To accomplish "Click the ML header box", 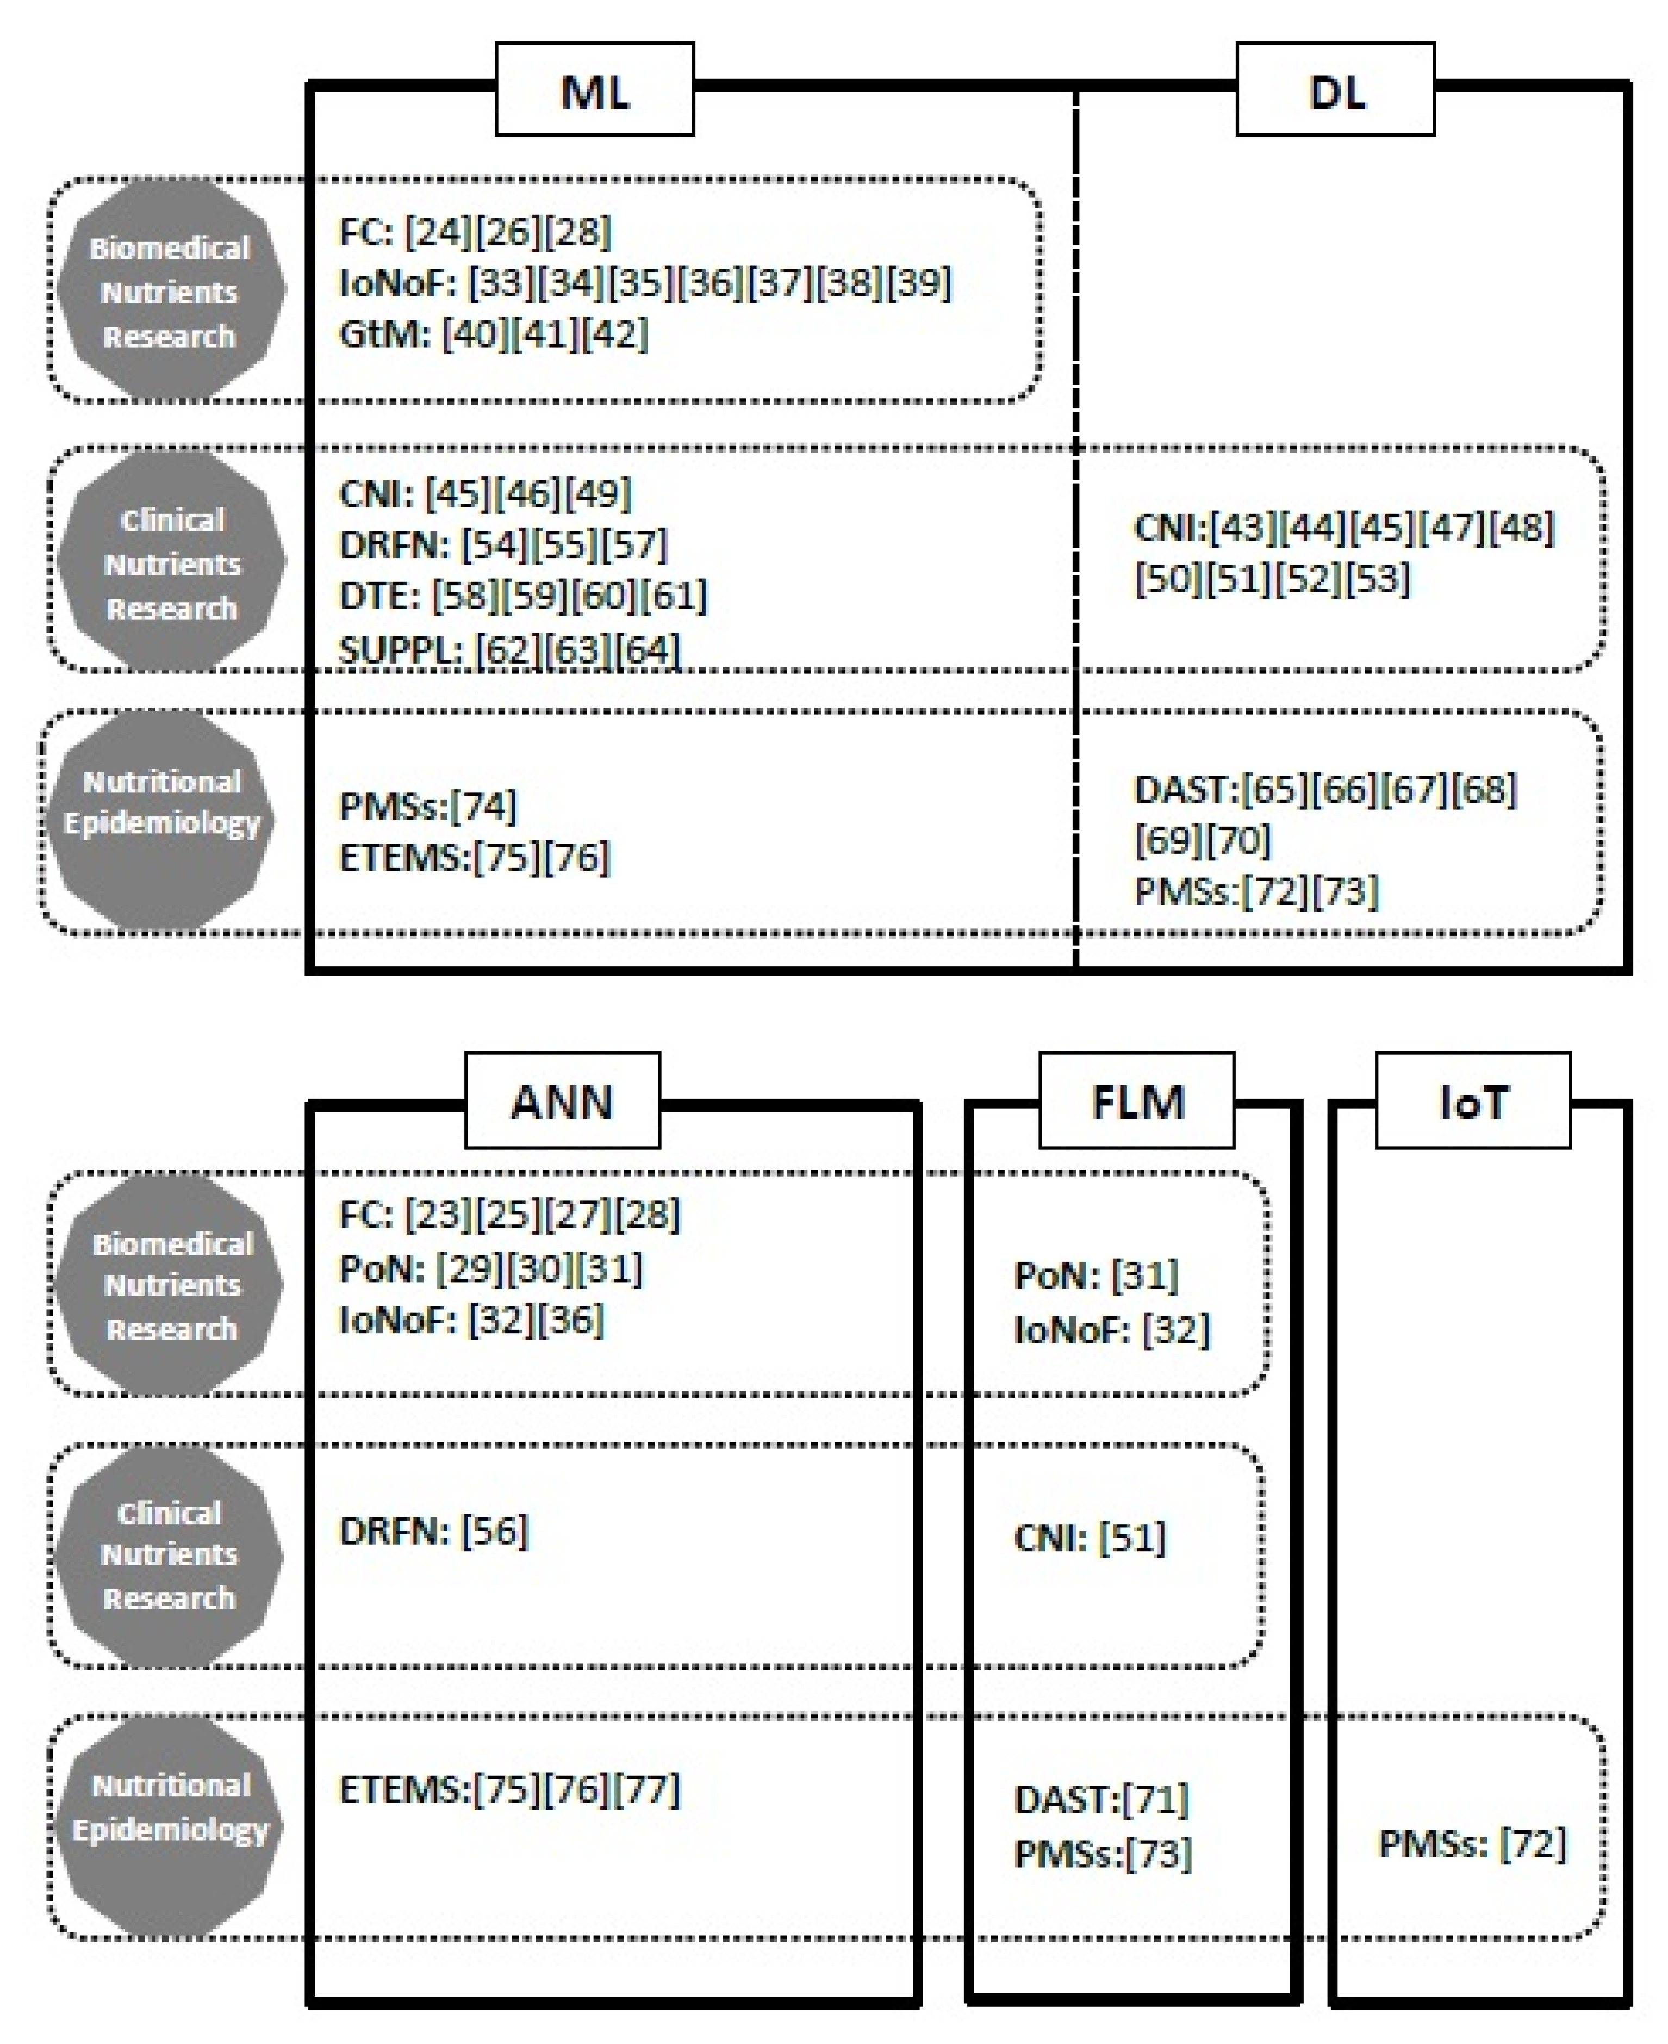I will pos(595,89).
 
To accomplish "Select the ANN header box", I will pos(562,1100).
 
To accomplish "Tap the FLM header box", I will pos(1137,1100).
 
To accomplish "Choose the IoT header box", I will pos(1473,1100).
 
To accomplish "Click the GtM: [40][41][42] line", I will pos(494,335).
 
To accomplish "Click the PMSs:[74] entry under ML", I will pos(427,806).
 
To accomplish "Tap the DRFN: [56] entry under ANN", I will pos(433,1531).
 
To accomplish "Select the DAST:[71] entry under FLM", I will pos(1101,1799).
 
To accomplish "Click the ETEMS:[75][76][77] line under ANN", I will pos(509,1789).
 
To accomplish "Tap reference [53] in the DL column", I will pos(1377,579).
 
